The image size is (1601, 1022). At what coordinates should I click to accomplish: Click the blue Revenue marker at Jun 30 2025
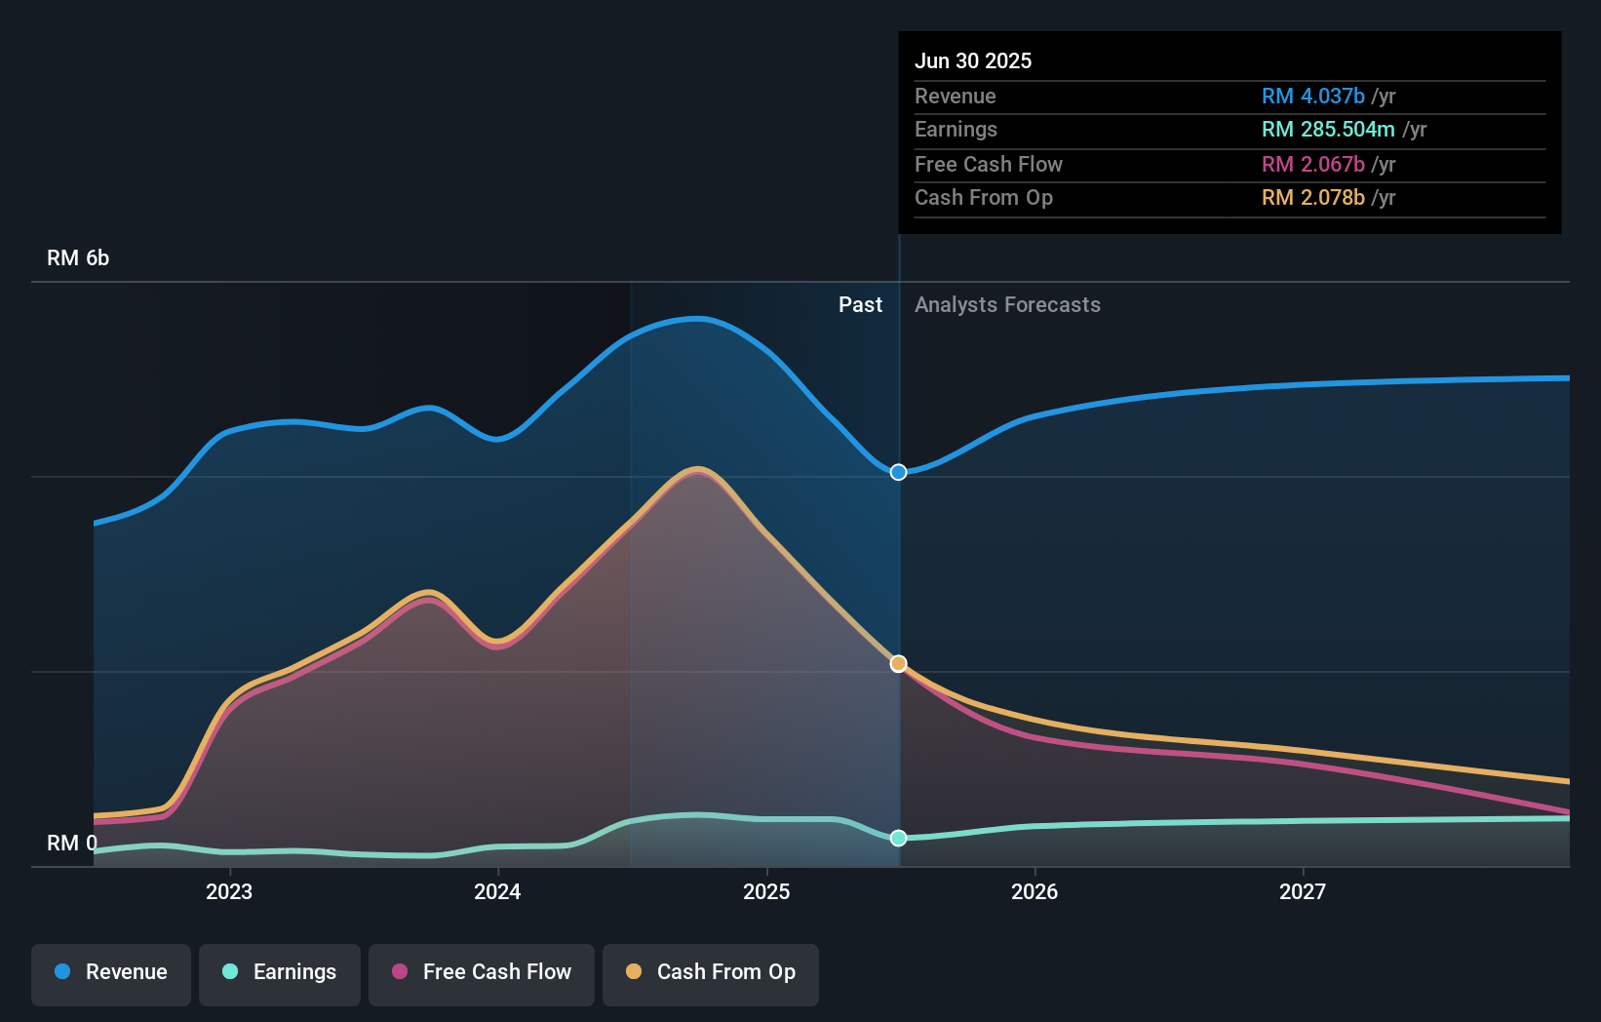pos(898,472)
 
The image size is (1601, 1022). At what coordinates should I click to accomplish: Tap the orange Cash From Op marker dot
pos(898,663)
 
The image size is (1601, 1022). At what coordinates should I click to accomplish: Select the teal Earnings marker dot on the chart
pos(898,838)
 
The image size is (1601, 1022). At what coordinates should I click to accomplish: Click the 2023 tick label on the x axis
pos(229,891)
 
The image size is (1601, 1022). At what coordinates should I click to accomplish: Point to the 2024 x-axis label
pos(497,891)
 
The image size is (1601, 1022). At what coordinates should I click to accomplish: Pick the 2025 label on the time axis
pos(766,891)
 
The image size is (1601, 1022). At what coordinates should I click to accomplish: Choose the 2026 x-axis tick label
pos(1035,891)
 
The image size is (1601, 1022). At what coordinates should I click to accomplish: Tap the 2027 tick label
pos(1303,891)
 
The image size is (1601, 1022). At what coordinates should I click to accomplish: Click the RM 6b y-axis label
pos(78,258)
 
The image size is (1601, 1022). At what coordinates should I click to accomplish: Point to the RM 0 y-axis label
pos(72,843)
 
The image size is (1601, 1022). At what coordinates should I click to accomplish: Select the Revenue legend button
pos(111,972)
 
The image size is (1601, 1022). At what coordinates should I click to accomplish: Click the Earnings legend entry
pos(280,972)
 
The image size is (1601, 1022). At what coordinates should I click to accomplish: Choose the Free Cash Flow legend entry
pos(482,972)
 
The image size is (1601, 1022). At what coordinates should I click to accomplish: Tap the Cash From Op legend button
pos(711,972)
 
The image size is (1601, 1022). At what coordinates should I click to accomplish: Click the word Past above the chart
pos(860,305)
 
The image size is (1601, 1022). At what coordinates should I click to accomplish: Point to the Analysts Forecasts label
pos(1007,305)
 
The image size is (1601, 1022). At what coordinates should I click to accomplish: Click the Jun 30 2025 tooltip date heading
pos(973,60)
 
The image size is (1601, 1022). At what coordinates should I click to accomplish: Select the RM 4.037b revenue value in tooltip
pos(1312,96)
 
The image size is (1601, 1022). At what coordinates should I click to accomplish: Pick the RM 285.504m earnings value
pos(1328,129)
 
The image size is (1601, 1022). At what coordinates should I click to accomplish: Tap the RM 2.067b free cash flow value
pos(1312,164)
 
